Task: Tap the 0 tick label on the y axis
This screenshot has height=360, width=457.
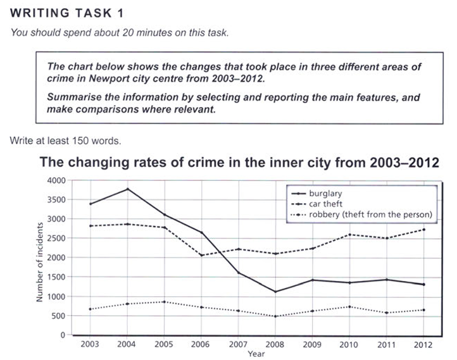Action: tap(62, 335)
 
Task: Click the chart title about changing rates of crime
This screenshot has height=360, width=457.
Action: tap(239, 163)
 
